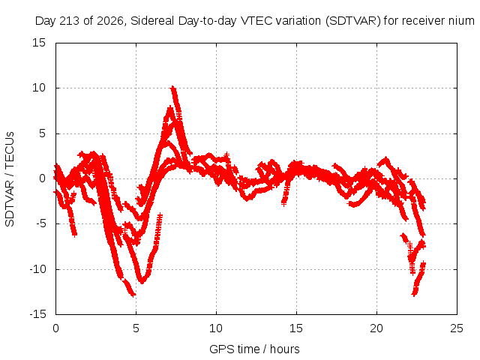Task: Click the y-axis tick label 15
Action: tap(39, 43)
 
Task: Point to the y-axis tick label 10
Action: tap(39, 88)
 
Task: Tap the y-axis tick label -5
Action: tap(41, 223)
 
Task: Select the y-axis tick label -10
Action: tap(38, 269)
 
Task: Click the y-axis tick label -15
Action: tap(38, 314)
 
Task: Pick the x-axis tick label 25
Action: tap(457, 328)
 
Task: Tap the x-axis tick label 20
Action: tap(376, 328)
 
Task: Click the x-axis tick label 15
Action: tap(296, 328)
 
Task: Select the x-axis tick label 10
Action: tap(216, 328)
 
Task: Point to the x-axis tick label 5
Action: tap(136, 328)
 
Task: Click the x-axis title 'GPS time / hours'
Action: tap(254, 349)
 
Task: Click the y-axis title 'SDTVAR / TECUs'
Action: tap(10, 179)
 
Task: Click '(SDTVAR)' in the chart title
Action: tap(353, 21)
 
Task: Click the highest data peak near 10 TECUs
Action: tap(173, 88)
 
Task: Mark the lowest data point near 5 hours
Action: tap(133, 295)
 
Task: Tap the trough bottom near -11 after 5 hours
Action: tap(142, 281)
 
